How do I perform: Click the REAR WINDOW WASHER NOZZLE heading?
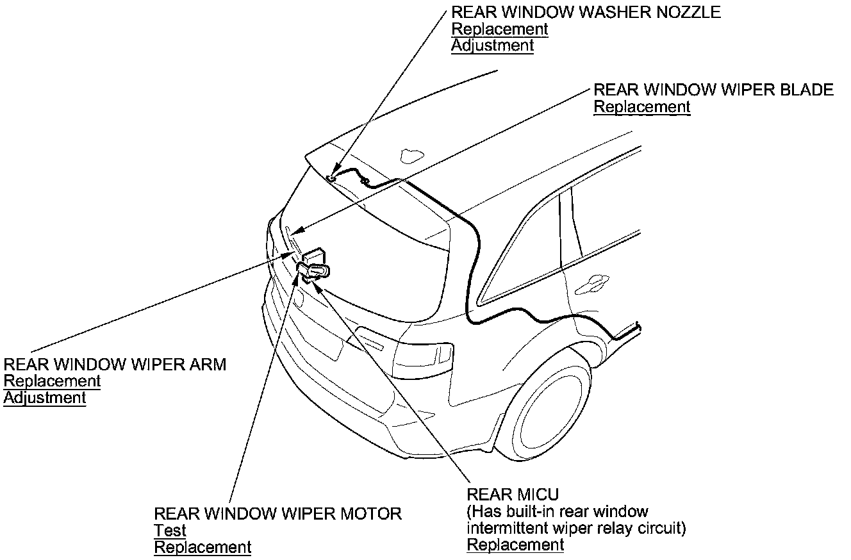click(586, 12)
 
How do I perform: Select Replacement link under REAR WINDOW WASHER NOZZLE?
click(500, 29)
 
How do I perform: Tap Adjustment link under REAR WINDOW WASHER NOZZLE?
click(492, 45)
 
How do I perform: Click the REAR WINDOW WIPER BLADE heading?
click(713, 90)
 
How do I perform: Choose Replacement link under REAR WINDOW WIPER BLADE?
click(642, 107)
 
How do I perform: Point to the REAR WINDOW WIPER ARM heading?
click(115, 365)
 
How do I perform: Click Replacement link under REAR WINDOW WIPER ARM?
click(52, 381)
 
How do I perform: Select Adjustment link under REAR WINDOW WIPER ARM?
click(44, 398)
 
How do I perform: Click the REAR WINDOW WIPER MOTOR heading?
click(277, 514)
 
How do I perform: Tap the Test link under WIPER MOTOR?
click(170, 531)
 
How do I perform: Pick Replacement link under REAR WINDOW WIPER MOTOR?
click(202, 547)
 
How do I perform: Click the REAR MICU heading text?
click(513, 495)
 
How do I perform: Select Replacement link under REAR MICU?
click(515, 545)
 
